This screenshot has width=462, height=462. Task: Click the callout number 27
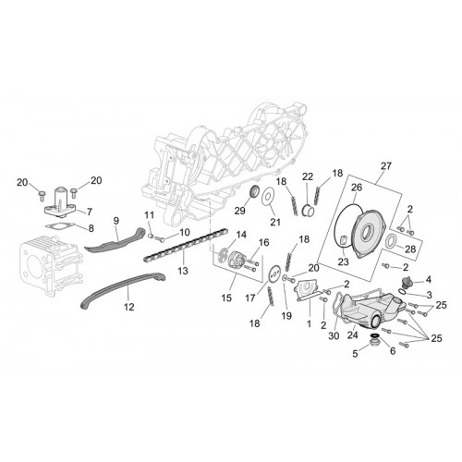[x=386, y=166]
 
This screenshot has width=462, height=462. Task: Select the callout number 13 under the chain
[x=183, y=271]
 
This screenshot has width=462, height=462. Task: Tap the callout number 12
[x=129, y=307]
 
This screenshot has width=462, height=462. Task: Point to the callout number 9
[x=116, y=221]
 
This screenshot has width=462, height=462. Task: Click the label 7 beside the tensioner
[x=90, y=212]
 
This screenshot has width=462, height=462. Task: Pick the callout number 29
[x=239, y=211]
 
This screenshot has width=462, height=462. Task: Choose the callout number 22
[x=308, y=176]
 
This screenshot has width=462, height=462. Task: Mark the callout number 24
[x=353, y=334]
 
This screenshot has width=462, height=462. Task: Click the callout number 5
[x=355, y=354]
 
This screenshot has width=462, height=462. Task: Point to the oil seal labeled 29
[x=254, y=193]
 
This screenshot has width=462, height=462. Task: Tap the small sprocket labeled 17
[x=275, y=273]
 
